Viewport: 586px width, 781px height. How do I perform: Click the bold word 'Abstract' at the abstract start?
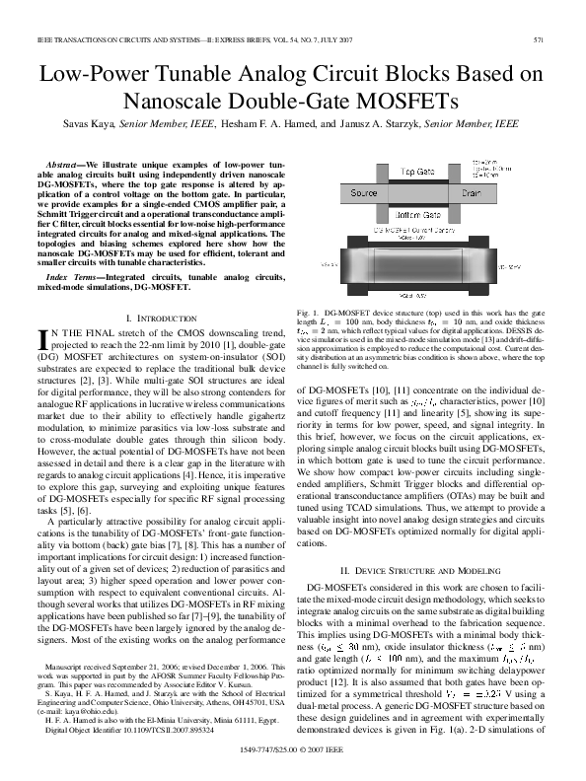(x=65, y=161)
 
